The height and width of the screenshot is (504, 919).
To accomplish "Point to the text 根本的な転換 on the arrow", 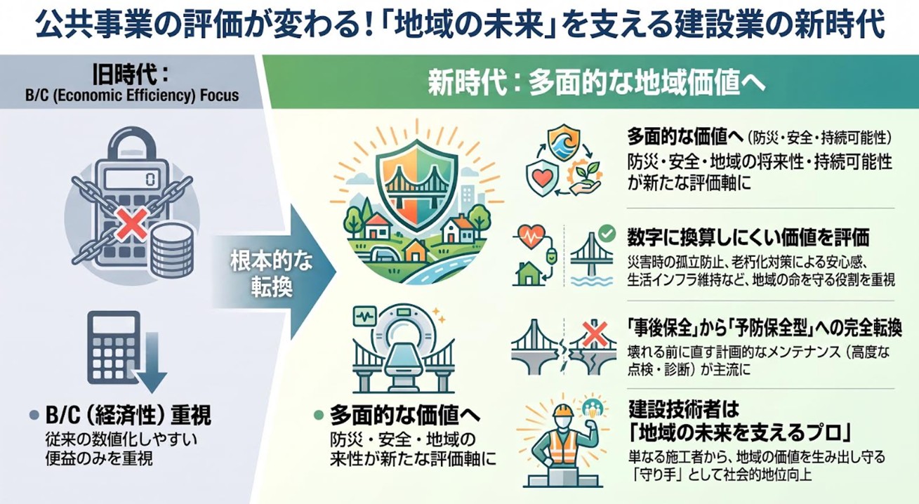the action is point(272,274).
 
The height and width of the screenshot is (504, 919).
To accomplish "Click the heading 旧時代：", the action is point(132,75).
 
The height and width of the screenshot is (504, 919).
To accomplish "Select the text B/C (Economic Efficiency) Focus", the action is point(132,95).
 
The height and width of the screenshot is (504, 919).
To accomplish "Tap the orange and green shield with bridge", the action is point(417,185).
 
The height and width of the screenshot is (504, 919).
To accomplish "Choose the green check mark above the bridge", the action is point(607,233).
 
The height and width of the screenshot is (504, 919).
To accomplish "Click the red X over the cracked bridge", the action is point(595,334).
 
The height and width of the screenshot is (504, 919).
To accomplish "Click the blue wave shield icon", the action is point(564,142).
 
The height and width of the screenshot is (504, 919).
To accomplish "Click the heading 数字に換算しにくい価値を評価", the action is point(748,237).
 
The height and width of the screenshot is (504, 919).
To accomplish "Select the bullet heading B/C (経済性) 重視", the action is point(128,415).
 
